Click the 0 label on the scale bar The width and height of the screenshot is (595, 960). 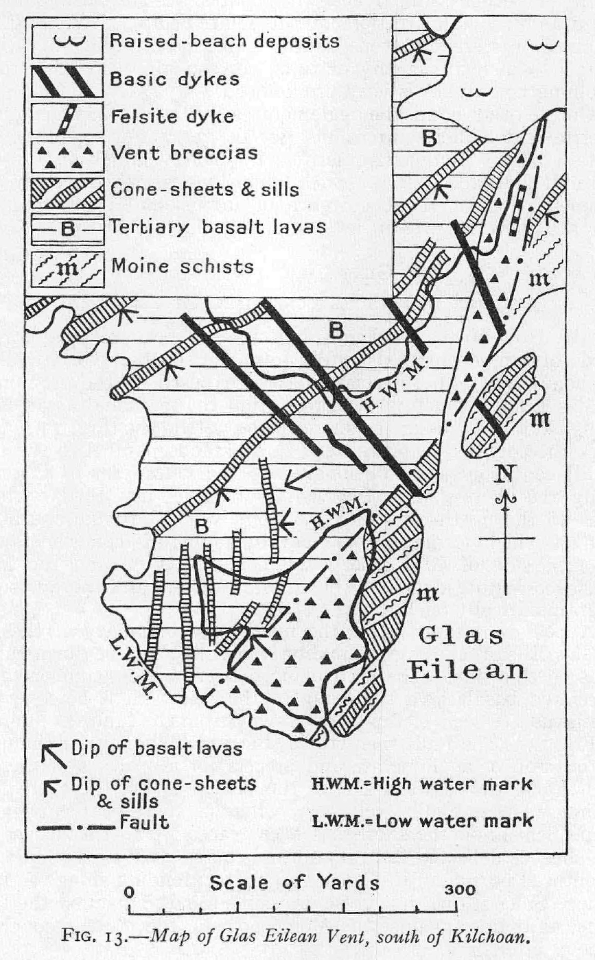(x=130, y=891)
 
